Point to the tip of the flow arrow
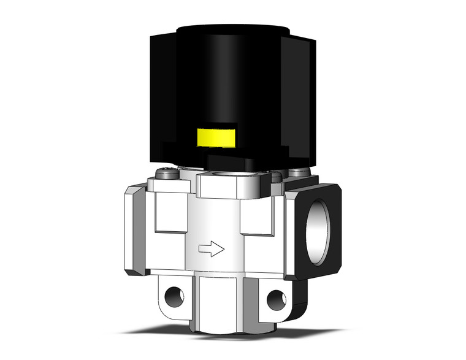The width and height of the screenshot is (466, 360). tap(223, 248)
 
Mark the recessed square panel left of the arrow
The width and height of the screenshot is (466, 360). tap(171, 212)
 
